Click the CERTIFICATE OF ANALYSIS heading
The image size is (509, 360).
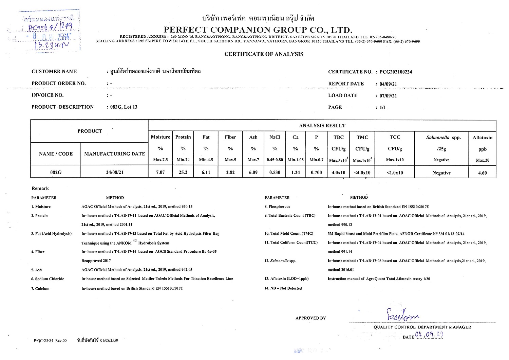264,54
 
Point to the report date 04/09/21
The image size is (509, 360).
388,84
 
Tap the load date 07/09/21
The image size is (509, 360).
388,96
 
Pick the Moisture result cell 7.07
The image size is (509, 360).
160,173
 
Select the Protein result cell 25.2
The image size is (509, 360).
183,173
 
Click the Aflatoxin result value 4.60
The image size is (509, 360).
482,173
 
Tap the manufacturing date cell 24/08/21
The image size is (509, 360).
115,173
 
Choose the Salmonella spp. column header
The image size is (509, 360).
443,138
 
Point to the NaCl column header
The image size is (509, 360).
275,137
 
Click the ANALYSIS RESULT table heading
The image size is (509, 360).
322,126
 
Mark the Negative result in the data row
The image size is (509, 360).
441,173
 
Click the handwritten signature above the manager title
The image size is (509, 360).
402,315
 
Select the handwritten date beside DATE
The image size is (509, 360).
429,336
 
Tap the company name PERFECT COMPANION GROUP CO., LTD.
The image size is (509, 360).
258,30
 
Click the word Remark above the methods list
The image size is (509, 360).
40,188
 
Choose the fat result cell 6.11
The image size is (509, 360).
206,173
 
